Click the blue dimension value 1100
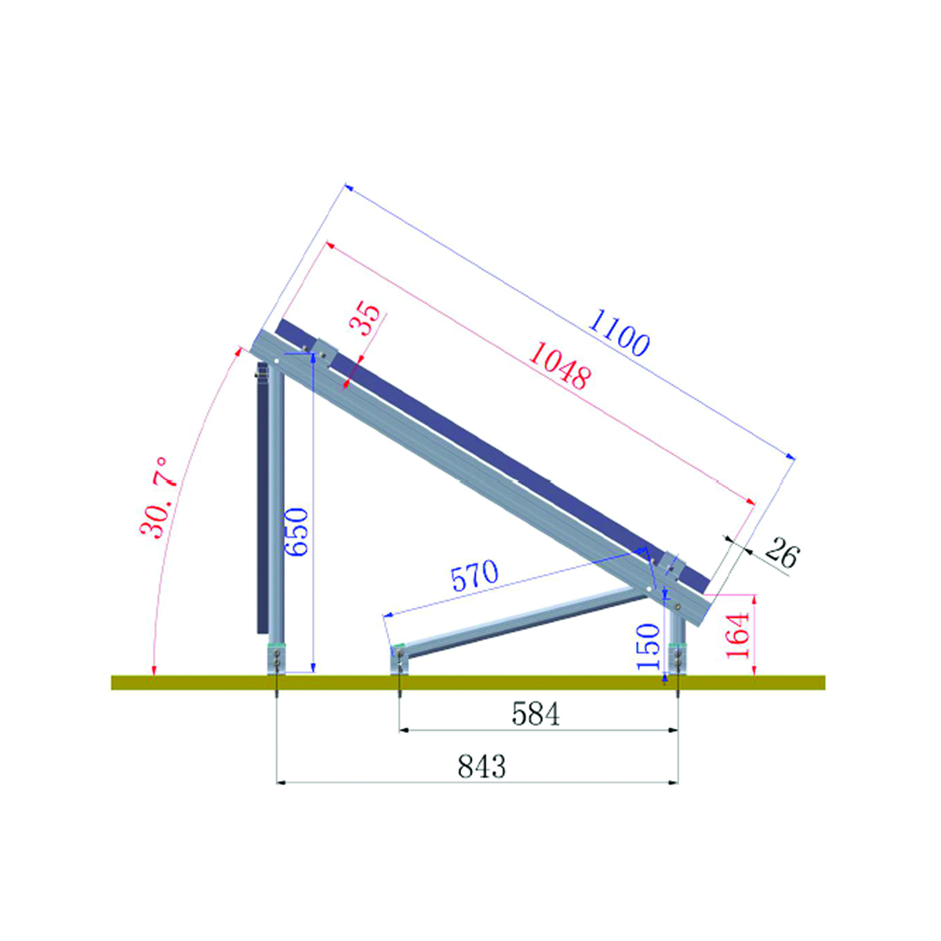tap(619, 333)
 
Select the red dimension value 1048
tap(558, 366)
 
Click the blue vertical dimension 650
tap(297, 532)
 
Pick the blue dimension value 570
tap(474, 576)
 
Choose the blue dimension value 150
tap(649, 645)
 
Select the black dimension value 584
tap(536, 714)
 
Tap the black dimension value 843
tap(482, 766)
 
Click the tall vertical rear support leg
tap(277, 502)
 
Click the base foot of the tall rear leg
tap(277, 659)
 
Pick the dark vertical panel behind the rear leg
tap(260, 502)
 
